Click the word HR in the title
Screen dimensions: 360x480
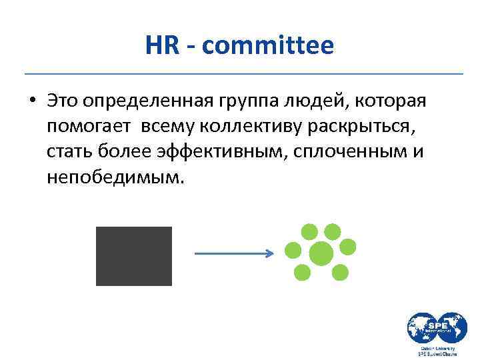[x=159, y=45]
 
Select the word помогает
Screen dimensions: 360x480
[x=90, y=127]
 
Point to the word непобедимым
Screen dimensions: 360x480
[x=114, y=177]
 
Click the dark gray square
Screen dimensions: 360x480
[x=133, y=256]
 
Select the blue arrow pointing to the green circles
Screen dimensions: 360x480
[x=233, y=253]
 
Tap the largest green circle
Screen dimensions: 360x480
[x=321, y=253]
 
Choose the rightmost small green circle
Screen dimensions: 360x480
[x=348, y=247]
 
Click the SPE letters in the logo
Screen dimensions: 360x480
[x=437, y=323]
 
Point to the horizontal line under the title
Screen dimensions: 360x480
[x=243, y=73]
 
